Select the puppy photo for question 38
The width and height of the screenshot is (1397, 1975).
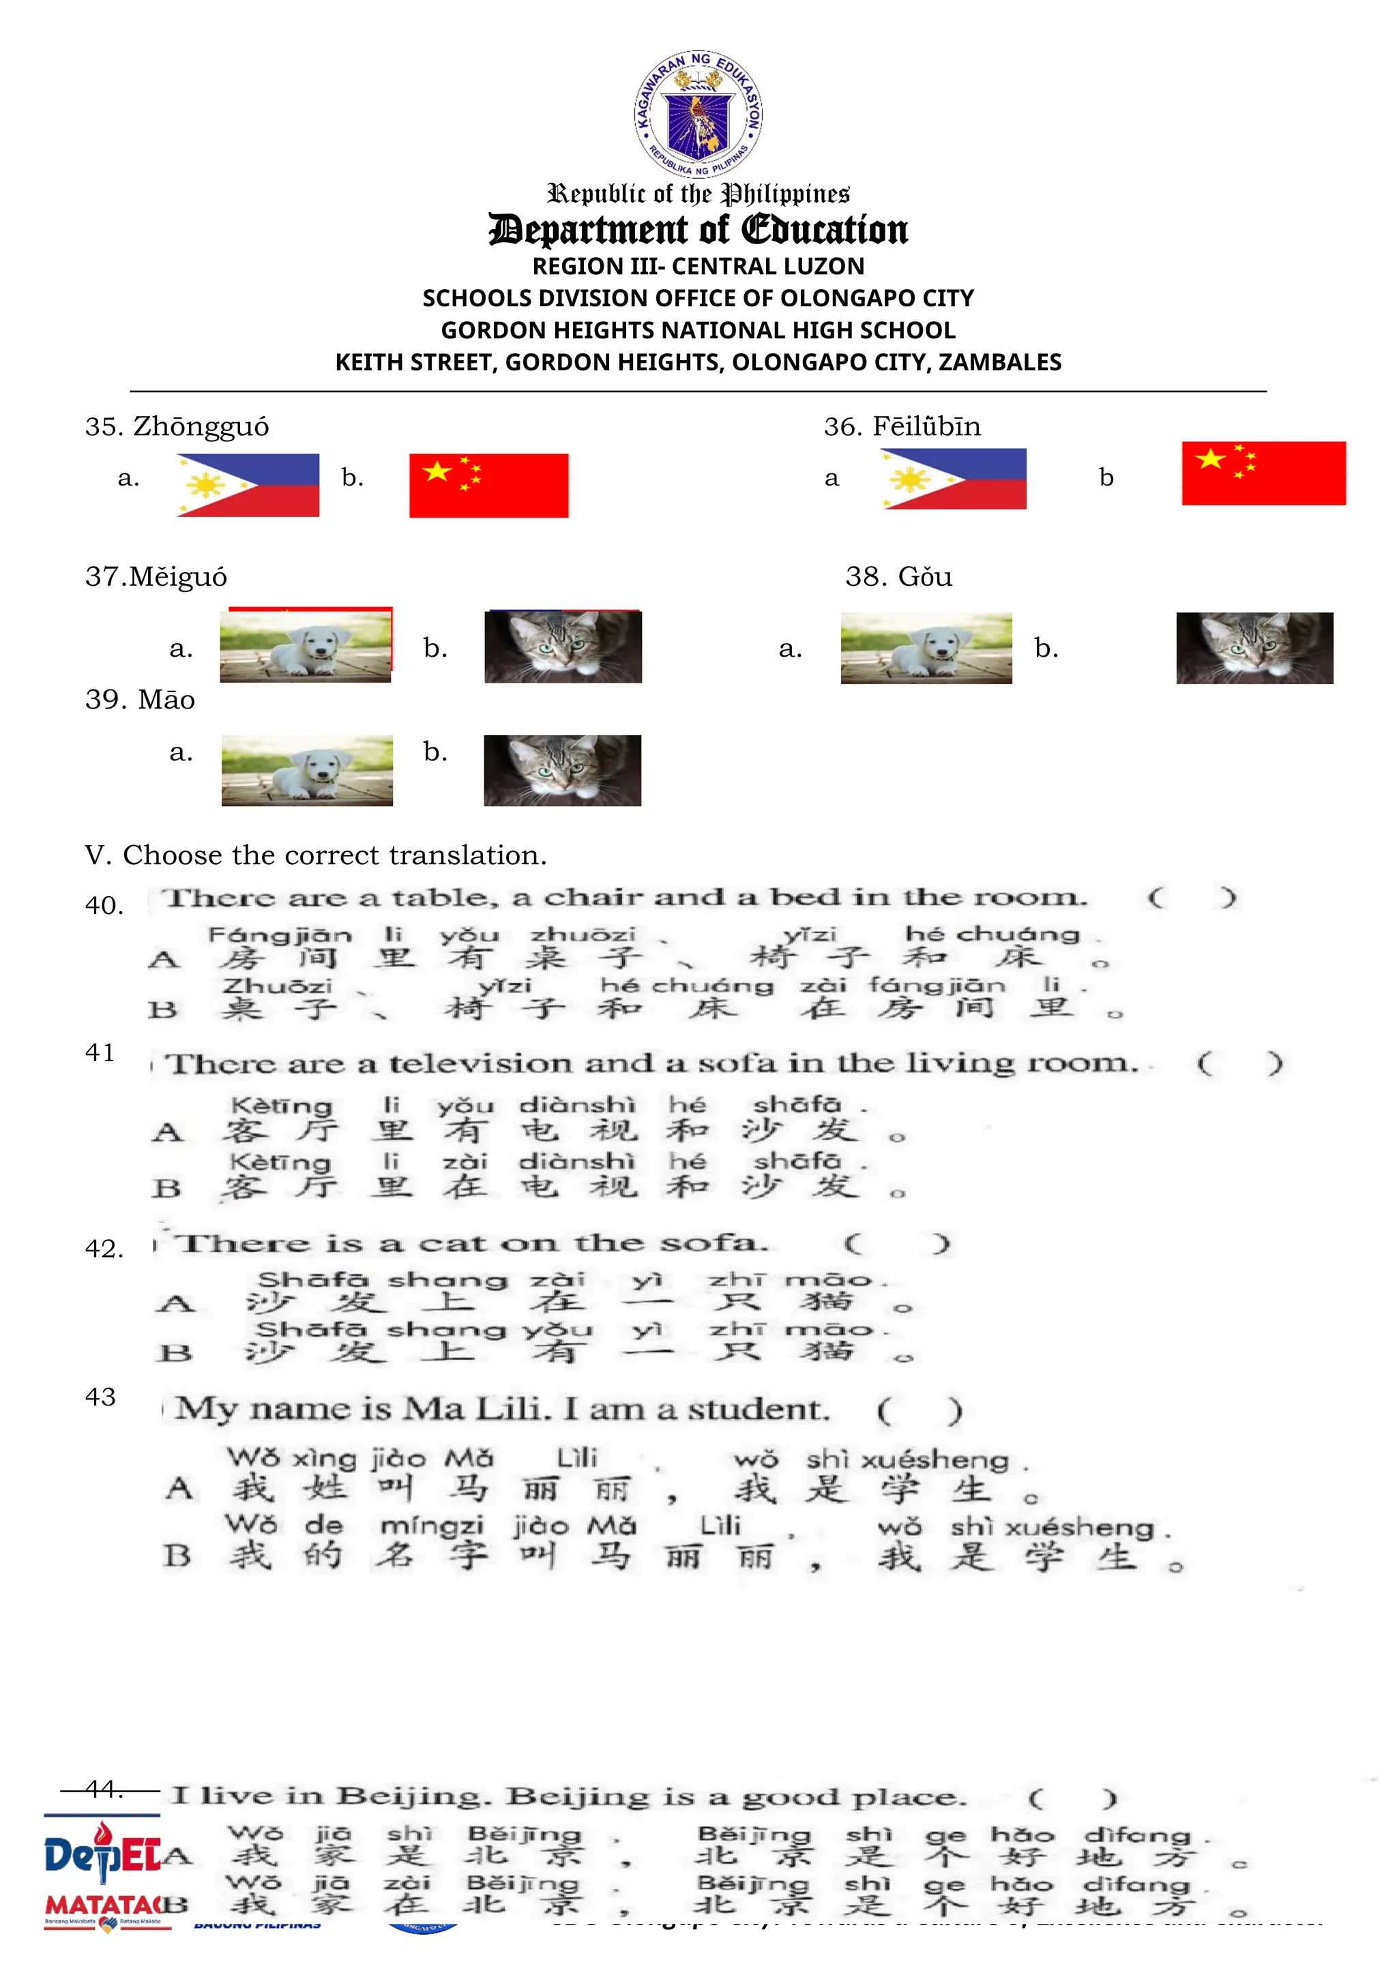pyautogui.click(x=926, y=648)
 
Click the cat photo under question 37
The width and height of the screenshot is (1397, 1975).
pyautogui.click(x=563, y=647)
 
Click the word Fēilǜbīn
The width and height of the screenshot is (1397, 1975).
pyautogui.click(x=926, y=427)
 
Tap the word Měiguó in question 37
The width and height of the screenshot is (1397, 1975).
pyautogui.click(x=179, y=576)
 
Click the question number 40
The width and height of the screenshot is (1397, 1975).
pyautogui.click(x=104, y=905)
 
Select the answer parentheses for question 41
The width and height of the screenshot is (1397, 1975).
pyautogui.click(x=1239, y=1064)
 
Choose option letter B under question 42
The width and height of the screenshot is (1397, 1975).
pyautogui.click(x=175, y=1353)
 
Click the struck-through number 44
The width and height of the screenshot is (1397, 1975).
pyautogui.click(x=104, y=1790)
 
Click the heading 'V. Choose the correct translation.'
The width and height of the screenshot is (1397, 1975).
pyautogui.click(x=316, y=855)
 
